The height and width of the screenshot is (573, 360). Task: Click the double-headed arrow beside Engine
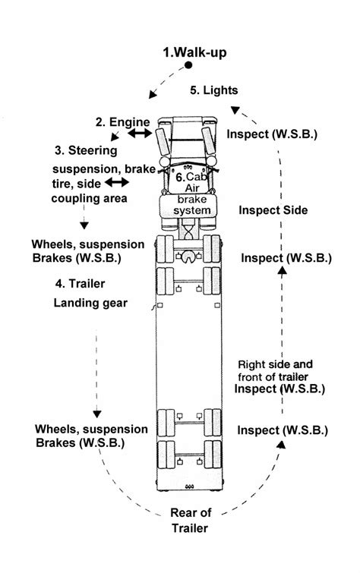point(141,134)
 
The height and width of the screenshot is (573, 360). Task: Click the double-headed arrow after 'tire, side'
point(115,183)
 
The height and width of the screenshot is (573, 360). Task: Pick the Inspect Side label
point(272,210)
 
